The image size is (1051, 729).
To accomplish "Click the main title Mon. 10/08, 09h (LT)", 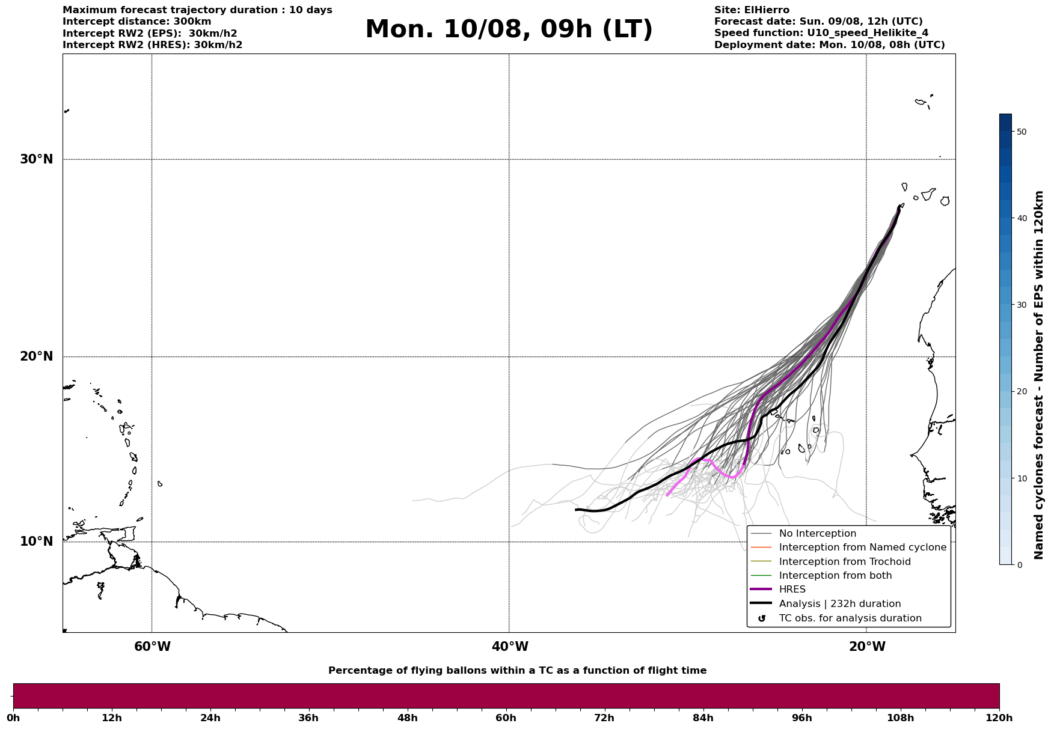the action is (509, 29).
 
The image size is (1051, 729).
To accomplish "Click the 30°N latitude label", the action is (37, 159).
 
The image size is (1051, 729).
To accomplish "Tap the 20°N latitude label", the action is (37, 356).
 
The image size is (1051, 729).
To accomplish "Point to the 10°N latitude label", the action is (37, 541).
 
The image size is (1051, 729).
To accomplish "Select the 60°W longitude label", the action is (152, 647).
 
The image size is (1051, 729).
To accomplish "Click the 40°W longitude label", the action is (510, 647).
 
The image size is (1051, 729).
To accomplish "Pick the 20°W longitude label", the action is (867, 647).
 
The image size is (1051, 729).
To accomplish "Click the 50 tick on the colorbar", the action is (1021, 132).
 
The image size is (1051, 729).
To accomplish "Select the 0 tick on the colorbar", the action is (1019, 565).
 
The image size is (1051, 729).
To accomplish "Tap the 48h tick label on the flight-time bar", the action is (407, 718).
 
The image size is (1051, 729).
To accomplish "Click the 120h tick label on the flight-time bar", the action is (999, 718).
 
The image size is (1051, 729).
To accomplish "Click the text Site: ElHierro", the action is (752, 10).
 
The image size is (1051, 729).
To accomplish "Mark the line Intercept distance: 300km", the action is (137, 22).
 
